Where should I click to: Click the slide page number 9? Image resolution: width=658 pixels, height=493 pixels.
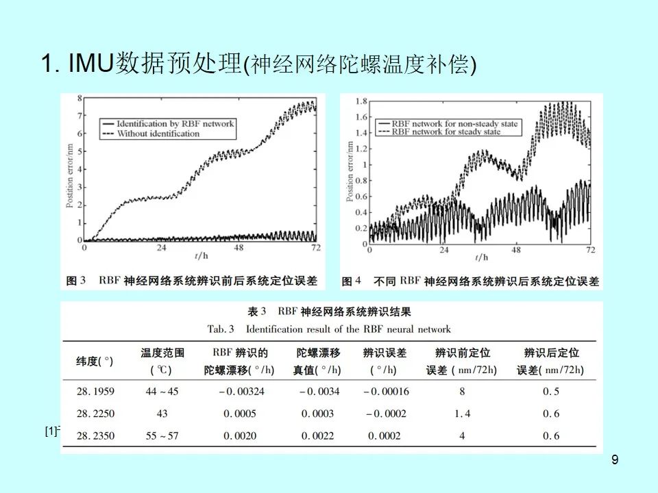[x=614, y=459]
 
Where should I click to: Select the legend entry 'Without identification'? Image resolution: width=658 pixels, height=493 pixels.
[x=158, y=134]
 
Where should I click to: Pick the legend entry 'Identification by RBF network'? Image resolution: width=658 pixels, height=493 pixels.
[x=175, y=124]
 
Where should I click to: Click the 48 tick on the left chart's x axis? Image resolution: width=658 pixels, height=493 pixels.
[x=239, y=249]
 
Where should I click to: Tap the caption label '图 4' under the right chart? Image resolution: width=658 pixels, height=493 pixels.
[x=352, y=281]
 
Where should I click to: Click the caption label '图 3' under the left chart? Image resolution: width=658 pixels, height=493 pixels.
[x=75, y=281]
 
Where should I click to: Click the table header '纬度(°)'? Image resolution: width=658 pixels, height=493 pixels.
[x=95, y=361]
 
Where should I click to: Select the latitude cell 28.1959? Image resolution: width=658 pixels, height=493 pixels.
[x=95, y=392]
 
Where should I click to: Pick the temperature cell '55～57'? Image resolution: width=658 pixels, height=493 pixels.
[x=162, y=435]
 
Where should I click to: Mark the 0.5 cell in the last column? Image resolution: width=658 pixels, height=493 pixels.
[x=551, y=392]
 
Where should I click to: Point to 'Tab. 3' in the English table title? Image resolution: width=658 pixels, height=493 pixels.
[x=221, y=329]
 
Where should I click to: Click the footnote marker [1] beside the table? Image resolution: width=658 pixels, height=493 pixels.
[x=51, y=431]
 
